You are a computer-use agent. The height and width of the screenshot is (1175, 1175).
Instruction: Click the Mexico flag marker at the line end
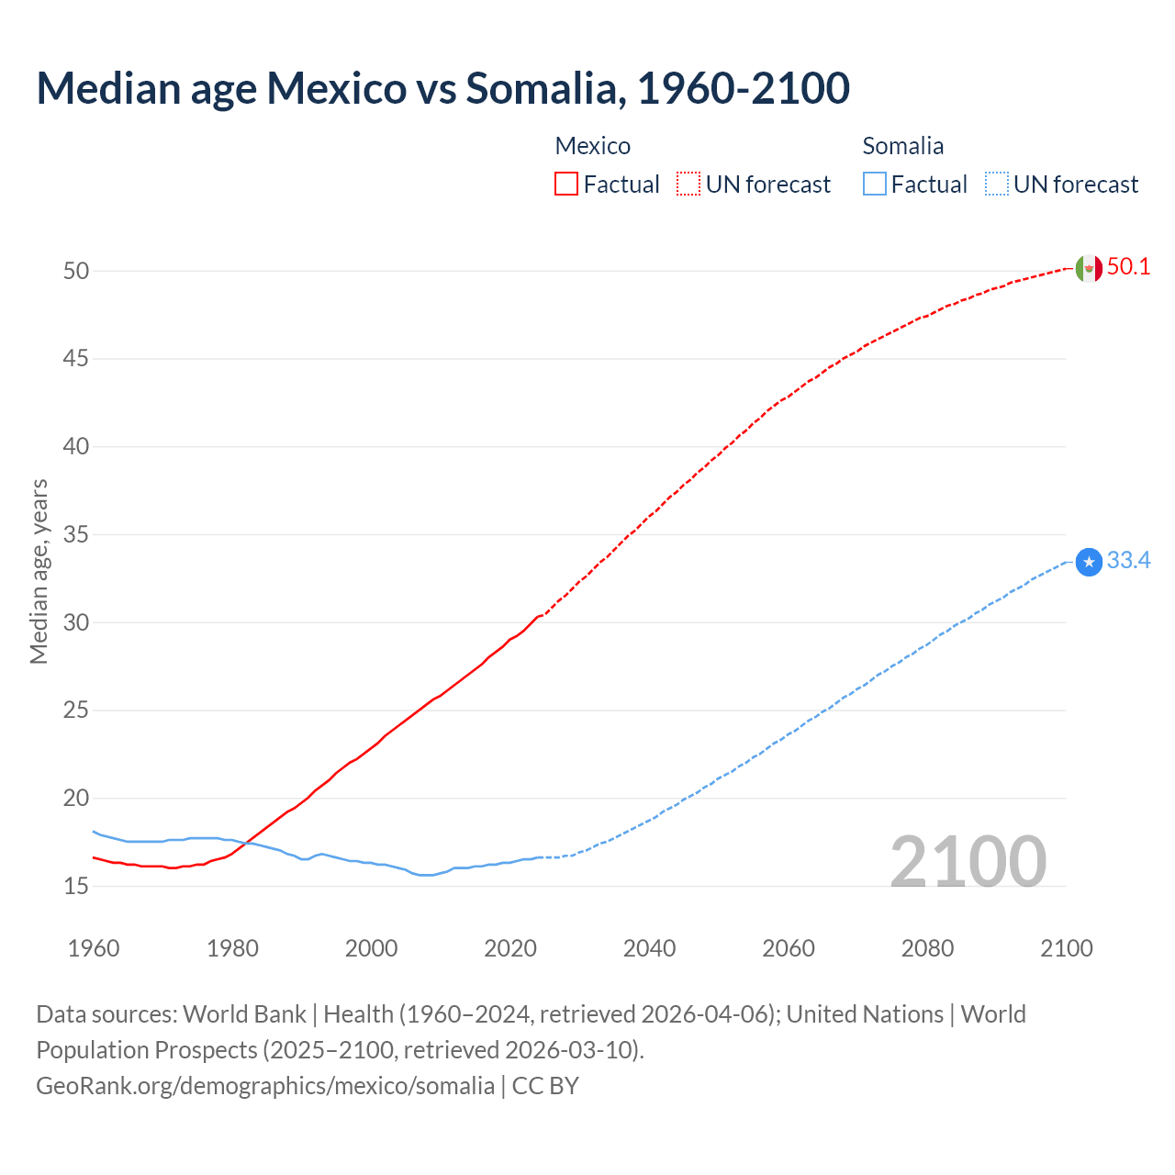[x=1089, y=268]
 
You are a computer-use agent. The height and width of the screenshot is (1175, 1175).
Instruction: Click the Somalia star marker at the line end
[x=1089, y=562]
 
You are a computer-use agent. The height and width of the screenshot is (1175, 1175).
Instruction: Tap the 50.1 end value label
[x=1128, y=267]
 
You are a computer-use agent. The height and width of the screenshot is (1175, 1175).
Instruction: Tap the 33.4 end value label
[x=1128, y=561]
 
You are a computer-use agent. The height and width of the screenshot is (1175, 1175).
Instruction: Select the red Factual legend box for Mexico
[x=566, y=185]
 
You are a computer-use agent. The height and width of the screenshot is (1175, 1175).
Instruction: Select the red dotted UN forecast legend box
[x=688, y=185]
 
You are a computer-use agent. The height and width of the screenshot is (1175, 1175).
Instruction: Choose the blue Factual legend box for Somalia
[x=875, y=185]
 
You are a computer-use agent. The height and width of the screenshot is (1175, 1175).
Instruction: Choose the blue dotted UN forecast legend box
[x=996, y=185]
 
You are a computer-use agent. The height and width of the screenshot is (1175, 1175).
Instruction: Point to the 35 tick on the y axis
[x=75, y=534]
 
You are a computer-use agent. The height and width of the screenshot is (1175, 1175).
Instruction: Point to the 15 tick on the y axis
[x=75, y=886]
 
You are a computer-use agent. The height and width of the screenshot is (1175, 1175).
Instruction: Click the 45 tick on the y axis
[x=75, y=359]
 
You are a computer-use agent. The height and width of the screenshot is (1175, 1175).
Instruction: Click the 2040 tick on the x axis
[x=649, y=948]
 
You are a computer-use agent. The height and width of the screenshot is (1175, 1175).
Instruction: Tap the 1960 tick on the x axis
[x=94, y=948]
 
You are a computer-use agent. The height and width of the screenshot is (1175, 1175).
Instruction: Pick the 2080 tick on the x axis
[x=927, y=948]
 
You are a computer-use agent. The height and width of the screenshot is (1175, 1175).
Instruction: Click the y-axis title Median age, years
[x=39, y=571]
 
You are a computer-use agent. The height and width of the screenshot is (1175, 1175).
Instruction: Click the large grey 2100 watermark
[x=968, y=862]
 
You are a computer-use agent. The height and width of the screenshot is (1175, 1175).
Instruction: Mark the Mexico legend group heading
[x=593, y=146]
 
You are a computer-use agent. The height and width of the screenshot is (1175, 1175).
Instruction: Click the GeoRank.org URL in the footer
[x=265, y=1086]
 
